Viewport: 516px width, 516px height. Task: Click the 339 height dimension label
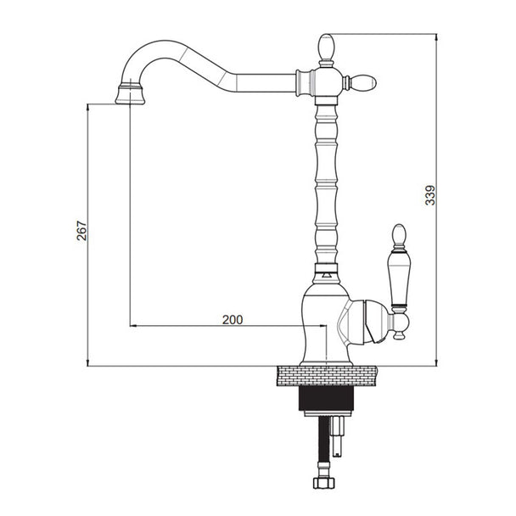(430, 195)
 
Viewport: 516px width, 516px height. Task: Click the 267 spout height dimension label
(82, 231)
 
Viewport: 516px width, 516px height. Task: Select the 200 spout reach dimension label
(233, 320)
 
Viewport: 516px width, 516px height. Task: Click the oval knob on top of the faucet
(326, 46)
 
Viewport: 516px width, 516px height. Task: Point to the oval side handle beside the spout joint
(363, 82)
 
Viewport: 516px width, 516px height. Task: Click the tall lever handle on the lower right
(400, 267)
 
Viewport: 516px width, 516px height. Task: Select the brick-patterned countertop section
(327, 375)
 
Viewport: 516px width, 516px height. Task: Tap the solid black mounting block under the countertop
(326, 398)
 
